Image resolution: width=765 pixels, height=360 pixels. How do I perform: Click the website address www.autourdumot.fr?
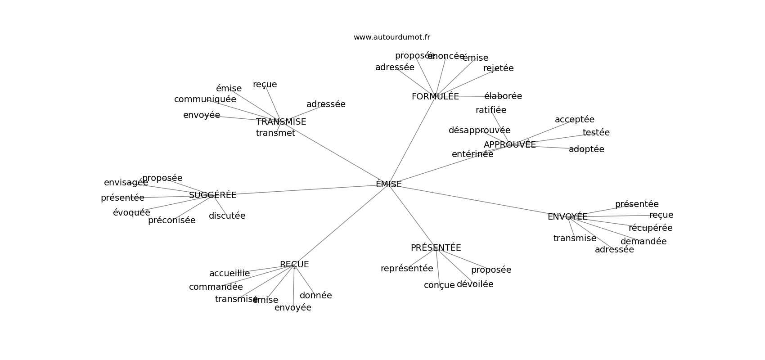(x=391, y=37)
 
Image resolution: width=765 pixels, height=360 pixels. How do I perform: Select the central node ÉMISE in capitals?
(x=389, y=184)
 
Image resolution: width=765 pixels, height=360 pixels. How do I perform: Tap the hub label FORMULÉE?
(x=435, y=97)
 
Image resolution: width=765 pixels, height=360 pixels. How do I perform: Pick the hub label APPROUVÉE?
(x=509, y=145)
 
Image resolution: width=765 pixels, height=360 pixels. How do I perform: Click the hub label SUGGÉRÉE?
(x=212, y=195)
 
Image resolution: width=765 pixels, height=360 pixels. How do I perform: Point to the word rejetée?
(x=498, y=68)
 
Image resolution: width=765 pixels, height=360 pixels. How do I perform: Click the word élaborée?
(x=503, y=96)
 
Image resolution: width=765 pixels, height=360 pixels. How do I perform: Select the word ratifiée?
(x=490, y=110)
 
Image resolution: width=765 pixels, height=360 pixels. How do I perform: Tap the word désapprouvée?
(x=479, y=130)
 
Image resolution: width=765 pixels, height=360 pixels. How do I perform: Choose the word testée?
(x=596, y=133)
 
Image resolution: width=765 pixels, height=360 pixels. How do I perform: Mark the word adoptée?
(x=586, y=149)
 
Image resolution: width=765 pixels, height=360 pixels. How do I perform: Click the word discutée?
(x=227, y=216)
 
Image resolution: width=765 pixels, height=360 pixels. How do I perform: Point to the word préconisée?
(x=171, y=220)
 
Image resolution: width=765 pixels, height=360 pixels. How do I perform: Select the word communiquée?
(x=205, y=99)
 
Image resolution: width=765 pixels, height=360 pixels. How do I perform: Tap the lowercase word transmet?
(x=275, y=133)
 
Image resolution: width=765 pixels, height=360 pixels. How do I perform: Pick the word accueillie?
(x=229, y=274)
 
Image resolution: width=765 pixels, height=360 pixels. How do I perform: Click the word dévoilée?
(x=475, y=284)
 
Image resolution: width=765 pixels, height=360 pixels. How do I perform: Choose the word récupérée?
(x=650, y=228)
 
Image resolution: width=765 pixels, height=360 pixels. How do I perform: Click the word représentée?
(x=407, y=269)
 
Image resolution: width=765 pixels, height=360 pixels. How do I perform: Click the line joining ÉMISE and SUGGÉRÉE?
(x=306, y=189)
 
